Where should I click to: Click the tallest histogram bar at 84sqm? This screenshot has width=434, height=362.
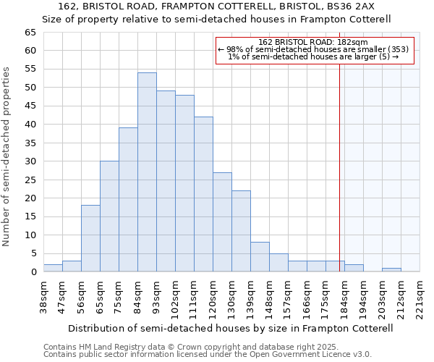tap(147, 172)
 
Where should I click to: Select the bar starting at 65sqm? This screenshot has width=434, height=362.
tap(109, 216)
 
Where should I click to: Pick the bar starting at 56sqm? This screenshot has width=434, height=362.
tap(90, 238)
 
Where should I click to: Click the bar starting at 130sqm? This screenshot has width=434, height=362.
tap(241, 231)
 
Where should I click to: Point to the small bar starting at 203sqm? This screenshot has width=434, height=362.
tap(391, 270)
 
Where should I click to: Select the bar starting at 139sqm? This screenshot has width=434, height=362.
tap(260, 257)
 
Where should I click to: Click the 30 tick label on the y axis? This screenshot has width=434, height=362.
tap(30, 161)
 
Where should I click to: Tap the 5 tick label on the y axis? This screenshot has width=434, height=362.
tap(33, 253)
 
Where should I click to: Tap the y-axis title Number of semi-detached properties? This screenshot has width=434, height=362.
tap(7, 156)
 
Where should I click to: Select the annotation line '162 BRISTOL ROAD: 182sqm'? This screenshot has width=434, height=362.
tap(313, 42)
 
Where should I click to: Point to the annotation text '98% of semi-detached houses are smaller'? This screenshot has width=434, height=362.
tap(313, 49)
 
